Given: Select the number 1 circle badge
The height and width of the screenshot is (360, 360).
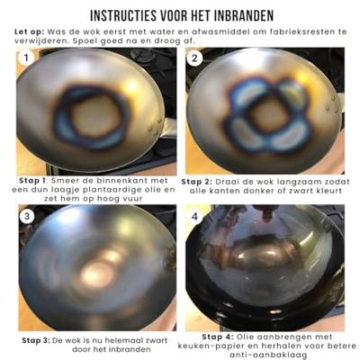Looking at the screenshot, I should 28,60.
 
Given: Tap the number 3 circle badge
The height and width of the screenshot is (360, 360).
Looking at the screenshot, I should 28,218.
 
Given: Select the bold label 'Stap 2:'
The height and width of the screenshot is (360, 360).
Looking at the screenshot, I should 200,181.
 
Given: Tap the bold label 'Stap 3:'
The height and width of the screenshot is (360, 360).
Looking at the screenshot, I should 40,339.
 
